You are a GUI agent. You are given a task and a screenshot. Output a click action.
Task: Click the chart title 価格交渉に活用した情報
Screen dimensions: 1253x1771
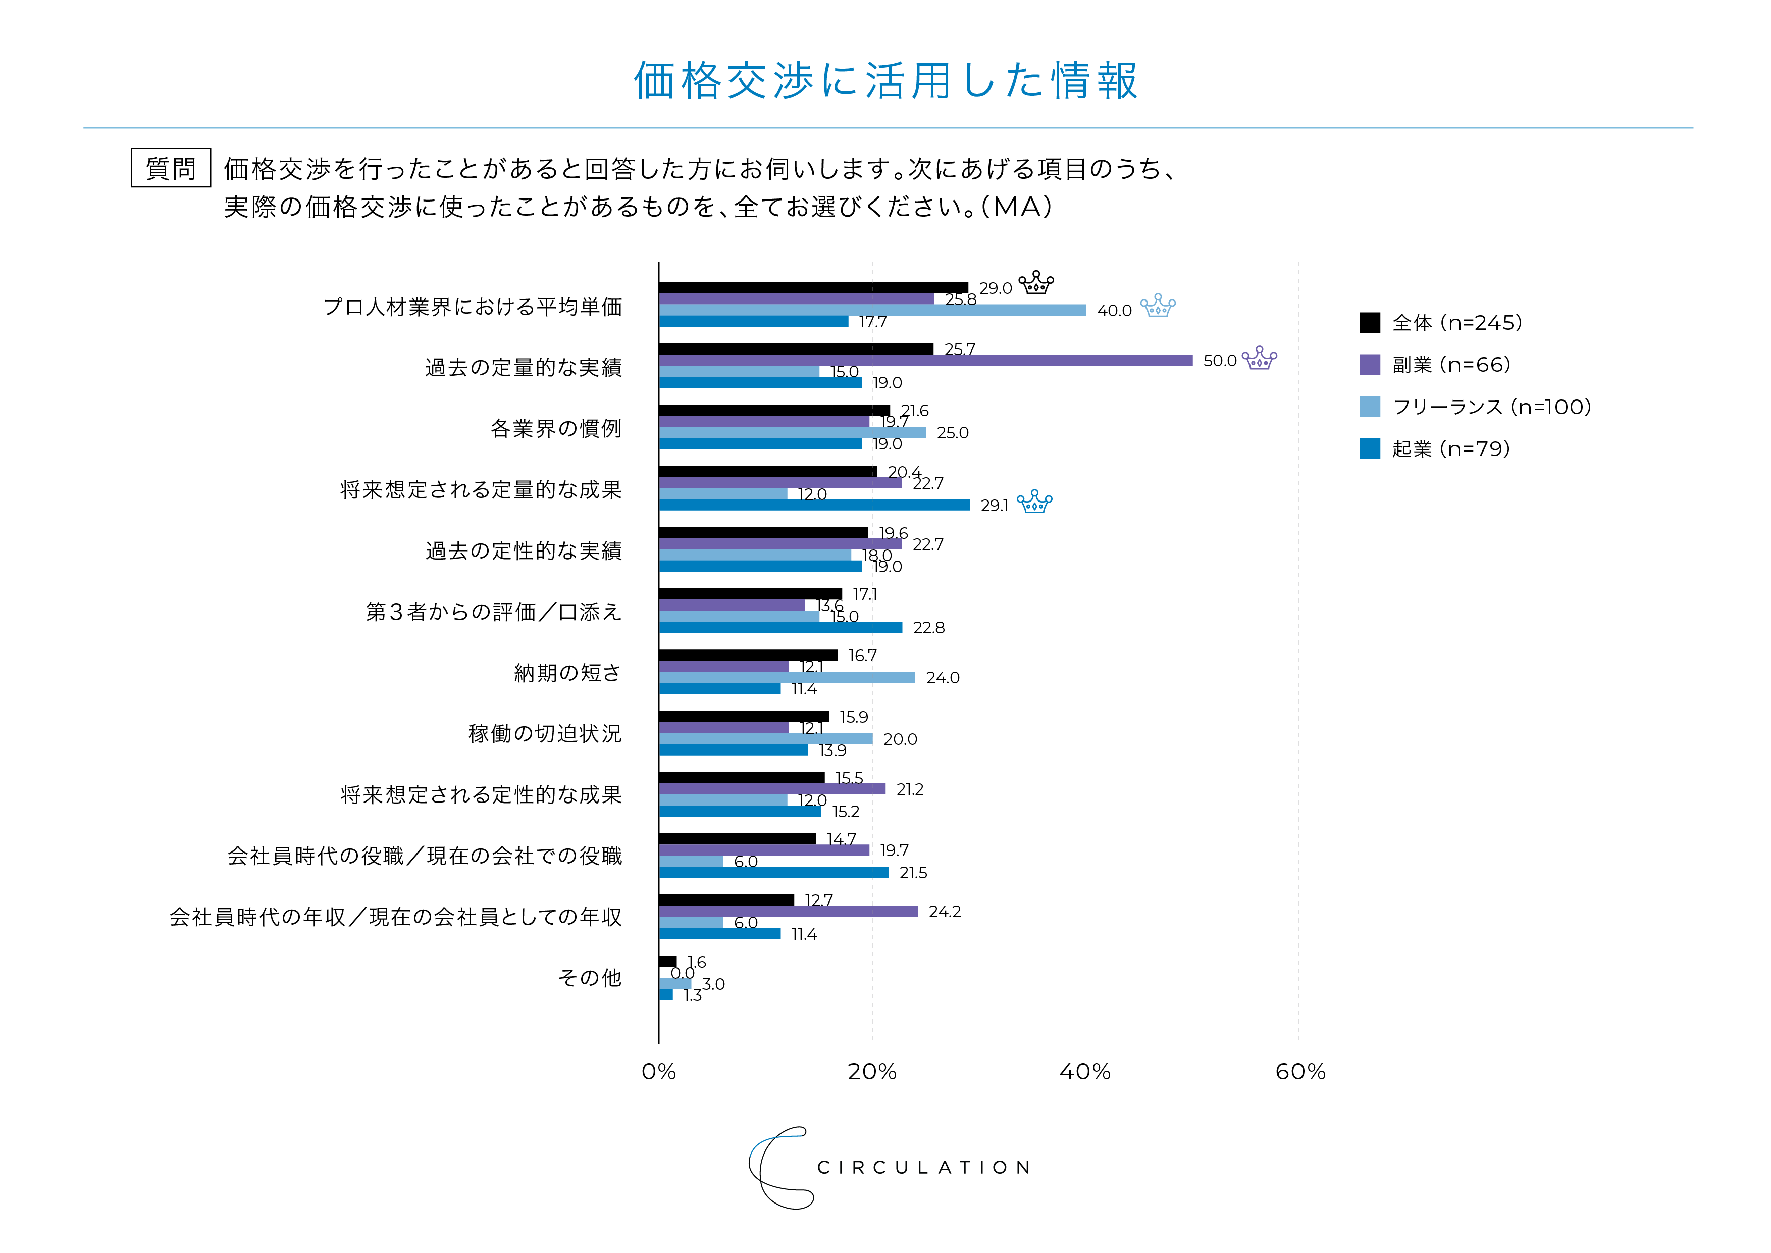tap(885, 80)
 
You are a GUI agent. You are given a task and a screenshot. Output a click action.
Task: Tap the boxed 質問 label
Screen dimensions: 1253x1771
tap(171, 168)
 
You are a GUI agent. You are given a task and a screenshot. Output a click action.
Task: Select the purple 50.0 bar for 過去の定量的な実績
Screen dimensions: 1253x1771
tap(925, 360)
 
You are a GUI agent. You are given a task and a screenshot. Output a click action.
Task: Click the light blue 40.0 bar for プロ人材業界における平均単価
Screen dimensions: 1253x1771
tap(871, 310)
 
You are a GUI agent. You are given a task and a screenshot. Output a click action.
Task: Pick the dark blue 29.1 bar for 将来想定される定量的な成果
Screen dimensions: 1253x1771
tap(814, 505)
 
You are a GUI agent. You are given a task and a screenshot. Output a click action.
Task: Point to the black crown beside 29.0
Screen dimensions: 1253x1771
tap(1036, 283)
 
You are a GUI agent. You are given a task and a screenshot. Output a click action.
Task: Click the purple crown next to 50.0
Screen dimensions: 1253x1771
tap(1260, 358)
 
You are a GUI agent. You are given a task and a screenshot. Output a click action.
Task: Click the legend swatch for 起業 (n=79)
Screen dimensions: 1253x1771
tap(1370, 448)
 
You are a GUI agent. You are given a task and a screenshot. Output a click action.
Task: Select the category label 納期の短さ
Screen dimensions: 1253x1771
tap(568, 673)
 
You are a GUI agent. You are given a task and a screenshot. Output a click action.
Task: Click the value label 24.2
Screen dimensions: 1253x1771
tap(944, 912)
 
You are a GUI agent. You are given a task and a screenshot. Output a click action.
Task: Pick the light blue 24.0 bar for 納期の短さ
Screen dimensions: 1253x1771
tap(787, 677)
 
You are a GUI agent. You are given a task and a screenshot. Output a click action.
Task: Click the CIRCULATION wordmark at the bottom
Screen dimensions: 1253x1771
tap(923, 1167)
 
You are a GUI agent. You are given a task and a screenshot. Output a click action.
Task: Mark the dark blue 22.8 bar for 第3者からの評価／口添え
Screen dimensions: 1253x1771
tap(780, 627)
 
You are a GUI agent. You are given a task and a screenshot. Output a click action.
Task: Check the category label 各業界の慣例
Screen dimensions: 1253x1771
tap(556, 428)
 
